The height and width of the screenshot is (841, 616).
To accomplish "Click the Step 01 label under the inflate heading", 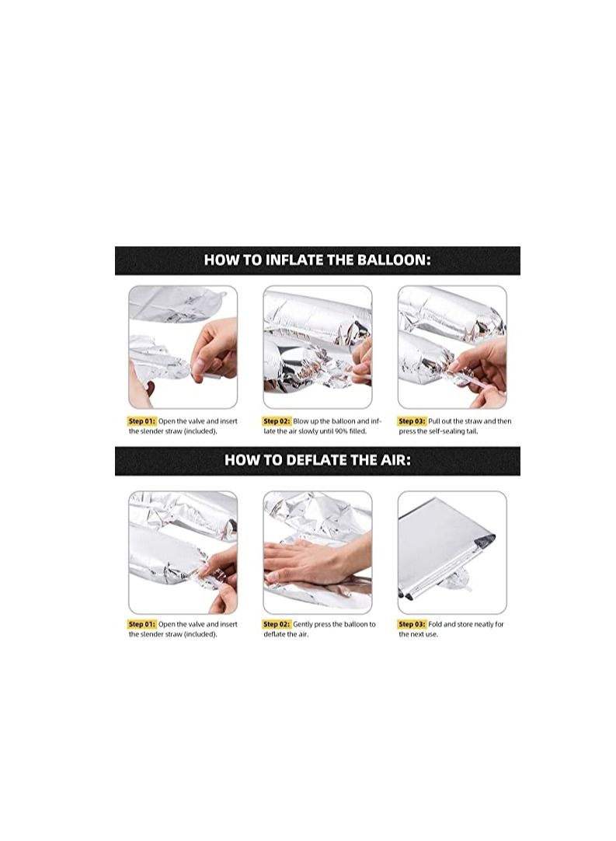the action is (x=142, y=421).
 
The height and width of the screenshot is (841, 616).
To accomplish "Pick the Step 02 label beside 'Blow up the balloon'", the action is (x=277, y=421).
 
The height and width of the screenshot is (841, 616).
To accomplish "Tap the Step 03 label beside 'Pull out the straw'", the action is (x=412, y=421).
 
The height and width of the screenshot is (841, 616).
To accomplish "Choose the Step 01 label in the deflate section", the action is (x=142, y=624).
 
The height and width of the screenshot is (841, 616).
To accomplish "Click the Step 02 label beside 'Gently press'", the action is (x=277, y=624).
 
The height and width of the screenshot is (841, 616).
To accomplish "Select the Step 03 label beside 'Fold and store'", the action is (x=412, y=624).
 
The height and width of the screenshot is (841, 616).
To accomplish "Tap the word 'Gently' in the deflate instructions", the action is (x=303, y=624).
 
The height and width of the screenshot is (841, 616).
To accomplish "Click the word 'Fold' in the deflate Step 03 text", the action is (x=435, y=624).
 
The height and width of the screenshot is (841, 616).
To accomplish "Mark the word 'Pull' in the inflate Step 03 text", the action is (x=433, y=421).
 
